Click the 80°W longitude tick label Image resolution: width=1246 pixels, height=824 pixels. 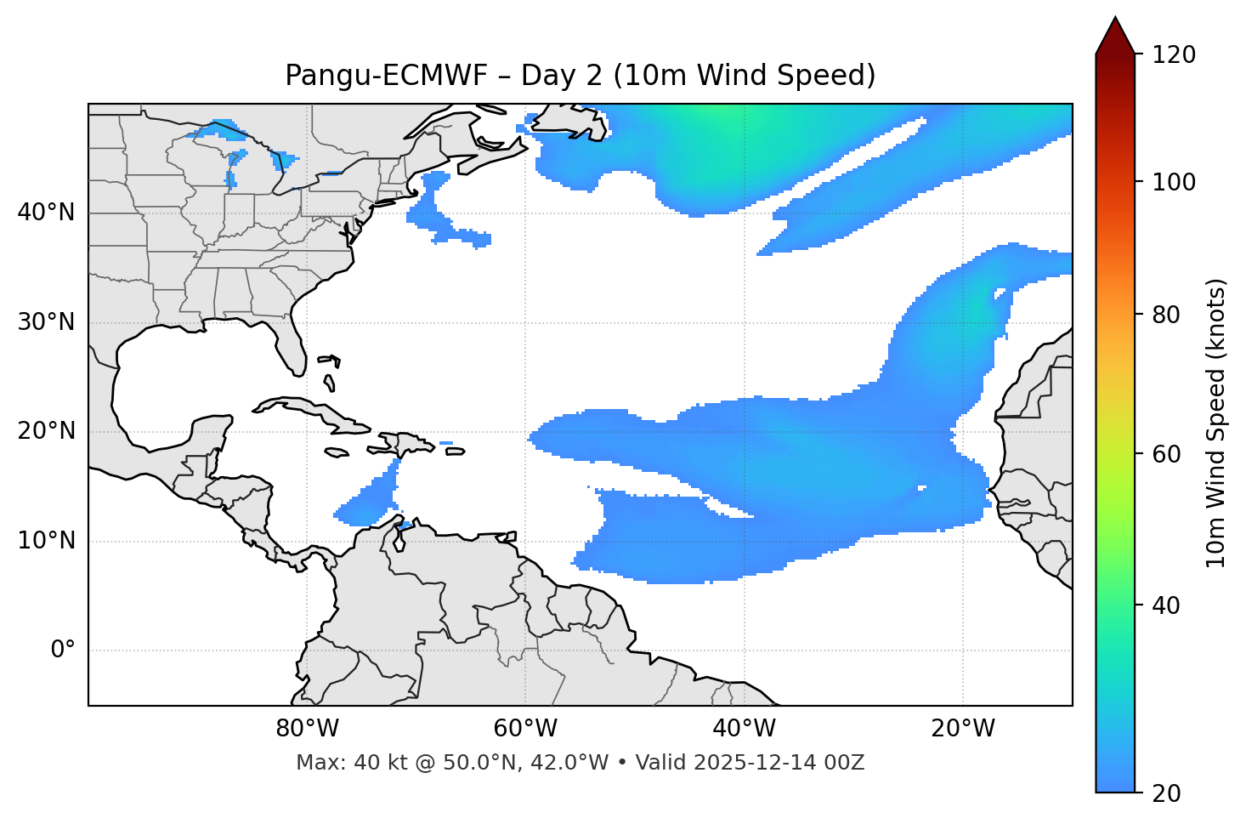coord(307,729)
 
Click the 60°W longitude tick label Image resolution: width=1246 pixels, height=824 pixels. coord(525,729)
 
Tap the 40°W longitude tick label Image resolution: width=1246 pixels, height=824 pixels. coord(745,729)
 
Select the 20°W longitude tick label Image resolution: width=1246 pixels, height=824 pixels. coord(963,729)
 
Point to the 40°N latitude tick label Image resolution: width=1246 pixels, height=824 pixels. coord(46,213)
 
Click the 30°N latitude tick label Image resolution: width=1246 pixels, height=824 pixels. coord(46,322)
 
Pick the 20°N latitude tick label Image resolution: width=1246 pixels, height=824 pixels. coord(46,431)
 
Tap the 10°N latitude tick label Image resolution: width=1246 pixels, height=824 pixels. coord(46,541)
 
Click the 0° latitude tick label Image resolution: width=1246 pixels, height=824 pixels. coord(62,651)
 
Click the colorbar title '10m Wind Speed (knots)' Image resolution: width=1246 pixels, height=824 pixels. coord(1217,423)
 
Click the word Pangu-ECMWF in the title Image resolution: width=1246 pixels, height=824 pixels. coord(386,76)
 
